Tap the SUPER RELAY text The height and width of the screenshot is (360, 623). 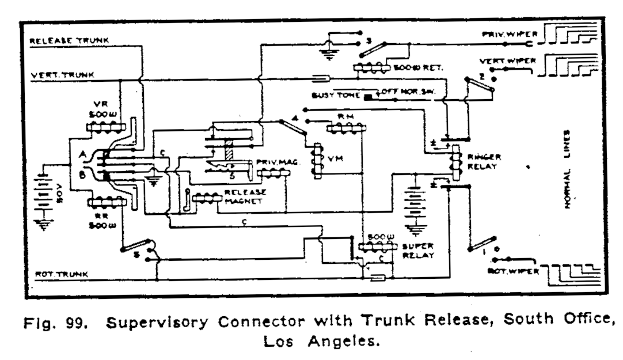419,251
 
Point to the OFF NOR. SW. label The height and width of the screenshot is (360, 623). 407,92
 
